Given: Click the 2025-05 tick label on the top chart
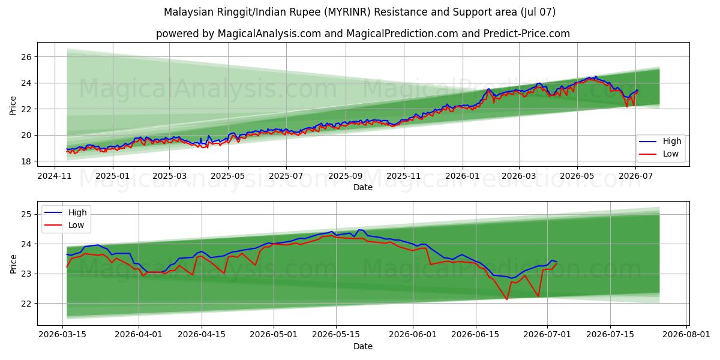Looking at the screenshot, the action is tap(227, 176).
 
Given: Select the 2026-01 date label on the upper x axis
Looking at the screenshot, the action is tap(462, 176).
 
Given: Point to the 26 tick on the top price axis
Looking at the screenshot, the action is tap(26, 57).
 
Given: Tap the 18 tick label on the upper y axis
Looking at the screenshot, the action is tap(26, 161).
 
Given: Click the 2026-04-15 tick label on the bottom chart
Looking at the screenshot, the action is tap(202, 334).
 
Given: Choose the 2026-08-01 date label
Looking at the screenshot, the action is tap(686, 334).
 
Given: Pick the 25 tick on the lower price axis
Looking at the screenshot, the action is tap(26, 214).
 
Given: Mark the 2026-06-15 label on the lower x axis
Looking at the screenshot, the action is tap(475, 334).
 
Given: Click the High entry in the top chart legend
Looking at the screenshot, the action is tap(672, 141).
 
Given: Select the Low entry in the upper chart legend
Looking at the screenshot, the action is tap(671, 154).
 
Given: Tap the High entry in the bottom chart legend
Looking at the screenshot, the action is tap(77, 212).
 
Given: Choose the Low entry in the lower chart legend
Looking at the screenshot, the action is tap(76, 225).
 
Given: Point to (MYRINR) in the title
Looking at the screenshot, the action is tap(347, 12).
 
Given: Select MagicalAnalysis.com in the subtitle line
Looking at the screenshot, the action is tap(269, 34).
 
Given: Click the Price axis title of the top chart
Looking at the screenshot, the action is tap(13, 106).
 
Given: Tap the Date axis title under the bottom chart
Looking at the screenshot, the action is tap(363, 346).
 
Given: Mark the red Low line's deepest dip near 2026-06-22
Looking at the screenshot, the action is tap(507, 299).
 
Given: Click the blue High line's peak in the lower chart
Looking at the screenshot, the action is tap(359, 230).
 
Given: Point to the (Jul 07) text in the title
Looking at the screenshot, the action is tap(538, 12).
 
